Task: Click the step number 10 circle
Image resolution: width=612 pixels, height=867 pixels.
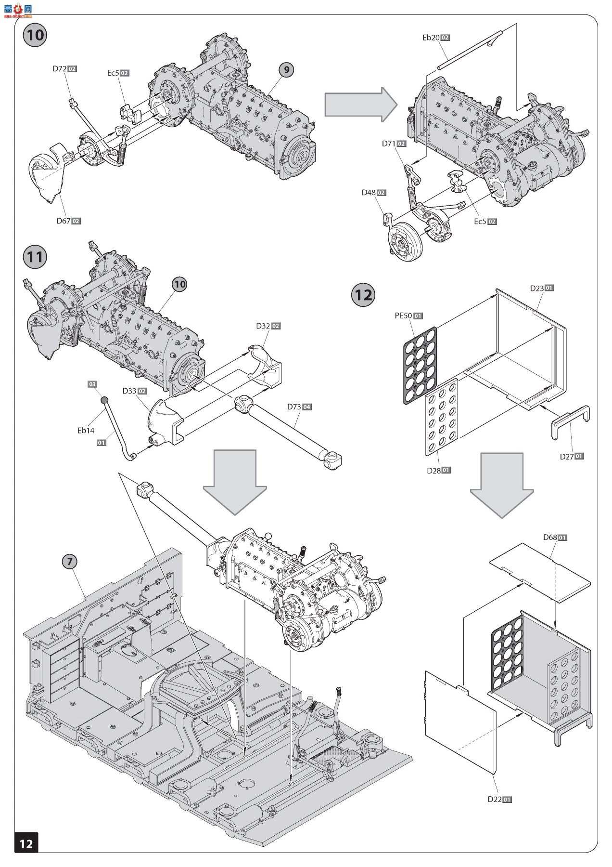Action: pos(36,35)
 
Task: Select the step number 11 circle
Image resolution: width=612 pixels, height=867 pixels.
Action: pos(35,257)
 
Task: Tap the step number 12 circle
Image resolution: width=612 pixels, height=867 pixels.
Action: pos(364,294)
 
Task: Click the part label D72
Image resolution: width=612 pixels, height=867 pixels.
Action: pos(60,69)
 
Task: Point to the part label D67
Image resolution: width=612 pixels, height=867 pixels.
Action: pos(64,221)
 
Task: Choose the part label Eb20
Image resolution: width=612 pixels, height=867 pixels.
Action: pos(431,38)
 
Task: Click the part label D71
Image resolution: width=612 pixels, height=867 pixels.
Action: pos(389,144)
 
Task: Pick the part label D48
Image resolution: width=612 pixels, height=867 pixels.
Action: pos(369,193)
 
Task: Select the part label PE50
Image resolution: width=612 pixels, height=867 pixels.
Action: pos(403,316)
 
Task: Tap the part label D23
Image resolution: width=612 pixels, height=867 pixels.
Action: pos(537,288)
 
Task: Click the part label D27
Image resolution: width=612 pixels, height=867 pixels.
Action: pos(567,456)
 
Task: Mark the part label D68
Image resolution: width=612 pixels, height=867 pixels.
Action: pos(550,537)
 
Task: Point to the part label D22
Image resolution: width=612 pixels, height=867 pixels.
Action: pos(495,799)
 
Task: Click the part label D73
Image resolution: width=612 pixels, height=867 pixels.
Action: pos(294,407)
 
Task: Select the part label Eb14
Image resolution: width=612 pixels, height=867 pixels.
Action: pos(86,431)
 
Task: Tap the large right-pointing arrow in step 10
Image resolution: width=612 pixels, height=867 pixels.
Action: pos(360,105)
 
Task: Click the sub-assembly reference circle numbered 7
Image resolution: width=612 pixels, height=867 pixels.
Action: pos(70,561)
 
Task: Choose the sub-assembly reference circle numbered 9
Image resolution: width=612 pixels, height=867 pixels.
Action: pos(286,70)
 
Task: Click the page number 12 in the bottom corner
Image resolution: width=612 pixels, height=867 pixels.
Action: pos(26,843)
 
